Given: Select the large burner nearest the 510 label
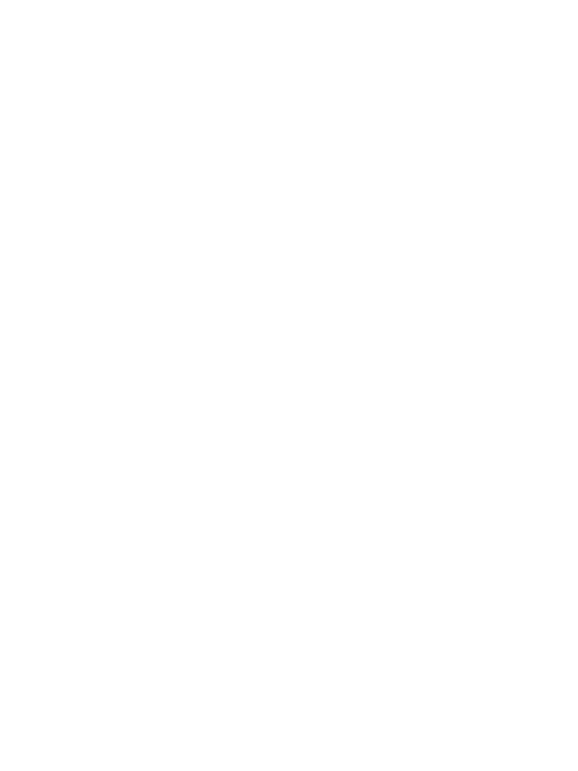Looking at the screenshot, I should [223, 158].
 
